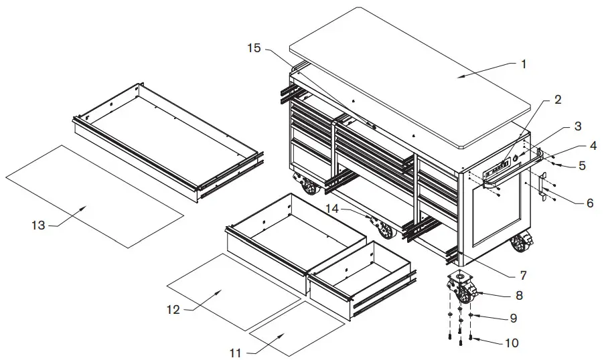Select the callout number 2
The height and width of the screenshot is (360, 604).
[557, 100]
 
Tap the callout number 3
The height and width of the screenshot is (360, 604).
[577, 125]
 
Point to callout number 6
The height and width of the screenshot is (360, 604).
[589, 203]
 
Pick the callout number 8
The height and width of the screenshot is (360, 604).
[519, 294]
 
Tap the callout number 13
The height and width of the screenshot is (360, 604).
[38, 226]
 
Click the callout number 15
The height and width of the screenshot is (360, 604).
[253, 48]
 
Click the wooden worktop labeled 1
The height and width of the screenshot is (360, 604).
[415, 74]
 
